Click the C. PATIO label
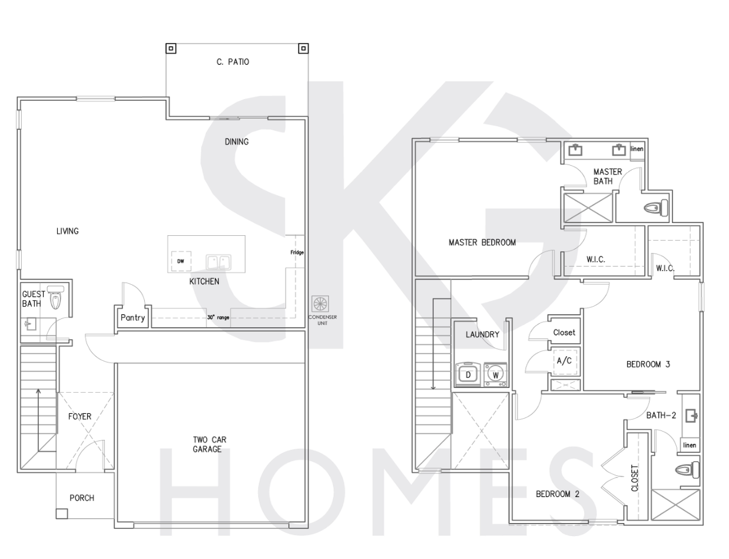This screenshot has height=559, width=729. [233, 62]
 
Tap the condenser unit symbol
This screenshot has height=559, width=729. [320, 304]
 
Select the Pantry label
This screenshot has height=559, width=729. [133, 318]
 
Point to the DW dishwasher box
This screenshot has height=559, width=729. [181, 261]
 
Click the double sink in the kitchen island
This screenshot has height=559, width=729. [218, 262]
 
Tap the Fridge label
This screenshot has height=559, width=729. [297, 252]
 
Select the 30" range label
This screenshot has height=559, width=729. [218, 317]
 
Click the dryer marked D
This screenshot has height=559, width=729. [468, 374]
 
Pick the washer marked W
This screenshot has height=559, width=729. [495, 374]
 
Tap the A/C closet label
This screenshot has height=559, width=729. [564, 361]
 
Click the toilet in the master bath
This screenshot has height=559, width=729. [656, 208]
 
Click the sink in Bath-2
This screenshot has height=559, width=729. [691, 416]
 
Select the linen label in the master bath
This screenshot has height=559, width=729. [637, 149]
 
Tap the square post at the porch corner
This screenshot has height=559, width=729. [62, 514]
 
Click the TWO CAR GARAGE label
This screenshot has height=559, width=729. [210, 445]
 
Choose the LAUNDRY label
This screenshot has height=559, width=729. [482, 334]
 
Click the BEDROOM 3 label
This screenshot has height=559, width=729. [648, 364]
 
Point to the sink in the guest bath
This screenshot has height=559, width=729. [30, 324]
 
